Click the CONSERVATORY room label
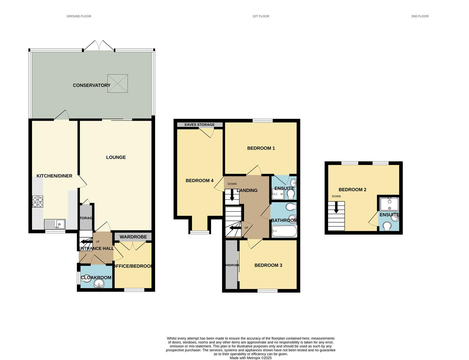coord(91,85)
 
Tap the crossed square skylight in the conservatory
coord(117,83)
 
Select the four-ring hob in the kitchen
coord(37,202)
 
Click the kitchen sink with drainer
coord(55,224)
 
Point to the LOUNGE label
coord(116,157)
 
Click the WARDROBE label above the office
coord(133,237)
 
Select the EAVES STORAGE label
coord(200,125)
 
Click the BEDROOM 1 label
coord(261,148)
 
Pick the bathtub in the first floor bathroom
coord(284,231)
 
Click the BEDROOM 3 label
coord(268,265)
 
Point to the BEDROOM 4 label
coord(199,181)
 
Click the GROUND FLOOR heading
coord(79,16)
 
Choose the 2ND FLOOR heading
coord(420,16)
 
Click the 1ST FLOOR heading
coord(261,16)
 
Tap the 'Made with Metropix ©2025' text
coord(250,358)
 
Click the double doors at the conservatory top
coord(99,46)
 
